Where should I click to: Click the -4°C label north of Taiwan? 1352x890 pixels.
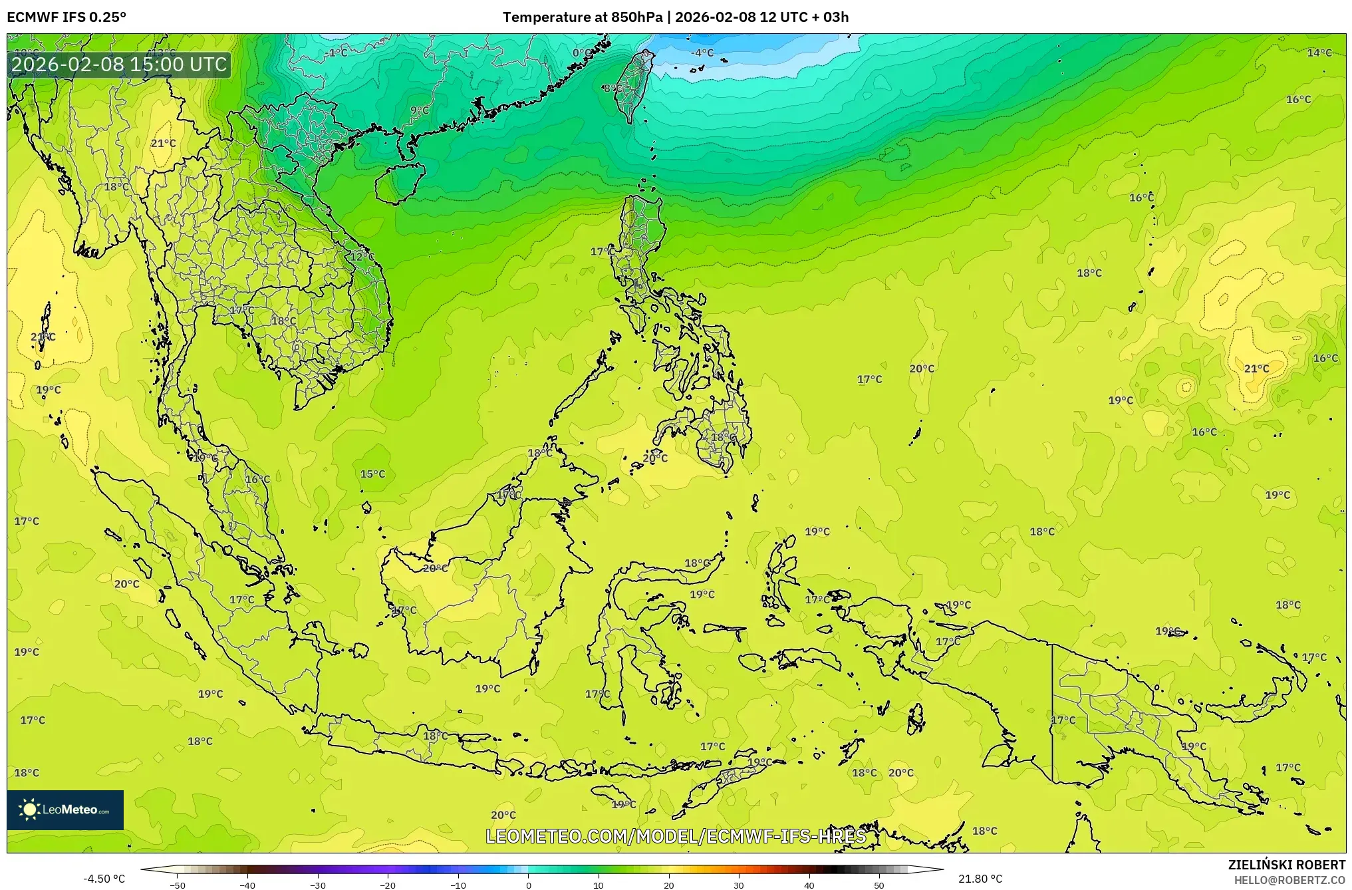click(x=702, y=53)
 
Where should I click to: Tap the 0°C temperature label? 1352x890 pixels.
click(x=582, y=53)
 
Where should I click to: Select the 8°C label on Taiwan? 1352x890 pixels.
click(x=612, y=88)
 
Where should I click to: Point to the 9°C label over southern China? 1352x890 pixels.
click(x=420, y=110)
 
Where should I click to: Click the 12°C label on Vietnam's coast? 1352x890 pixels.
click(x=362, y=257)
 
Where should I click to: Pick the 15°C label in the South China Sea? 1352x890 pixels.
click(x=372, y=474)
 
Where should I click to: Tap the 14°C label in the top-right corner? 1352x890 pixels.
click(x=1319, y=53)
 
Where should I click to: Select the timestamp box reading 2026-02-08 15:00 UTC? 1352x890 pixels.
click(x=119, y=65)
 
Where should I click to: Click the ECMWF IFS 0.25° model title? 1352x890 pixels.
click(x=67, y=17)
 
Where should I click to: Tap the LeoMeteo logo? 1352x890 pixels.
click(x=65, y=810)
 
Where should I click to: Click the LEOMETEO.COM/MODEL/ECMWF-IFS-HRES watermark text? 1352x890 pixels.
click(x=676, y=836)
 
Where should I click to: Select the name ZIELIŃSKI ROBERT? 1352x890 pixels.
click(x=1286, y=865)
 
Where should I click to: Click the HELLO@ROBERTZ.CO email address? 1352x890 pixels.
click(x=1289, y=880)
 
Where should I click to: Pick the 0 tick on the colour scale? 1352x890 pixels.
click(x=529, y=885)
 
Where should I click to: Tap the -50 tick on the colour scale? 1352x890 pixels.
click(x=178, y=885)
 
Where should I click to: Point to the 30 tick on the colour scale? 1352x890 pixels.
click(x=739, y=885)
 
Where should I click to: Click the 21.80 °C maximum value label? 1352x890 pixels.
click(x=980, y=879)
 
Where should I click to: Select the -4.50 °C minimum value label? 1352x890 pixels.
click(x=104, y=879)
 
